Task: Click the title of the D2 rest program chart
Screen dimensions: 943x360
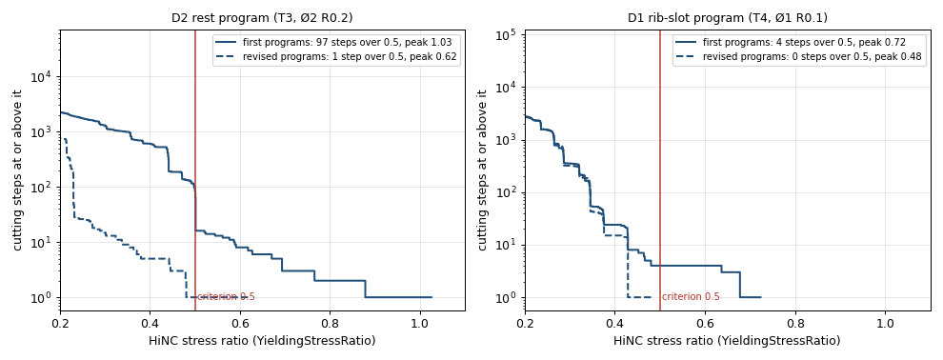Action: [262, 18]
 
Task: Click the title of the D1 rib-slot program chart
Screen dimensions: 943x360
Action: [728, 18]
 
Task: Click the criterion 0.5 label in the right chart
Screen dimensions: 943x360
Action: [691, 296]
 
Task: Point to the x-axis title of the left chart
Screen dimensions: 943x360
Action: [262, 341]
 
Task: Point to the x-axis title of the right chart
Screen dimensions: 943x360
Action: [728, 341]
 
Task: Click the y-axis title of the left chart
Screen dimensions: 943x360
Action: [18, 170]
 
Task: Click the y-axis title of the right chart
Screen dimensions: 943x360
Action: [482, 170]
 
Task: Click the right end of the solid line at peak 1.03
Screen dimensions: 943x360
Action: [431, 297]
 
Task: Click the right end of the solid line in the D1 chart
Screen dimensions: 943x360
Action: [761, 297]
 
